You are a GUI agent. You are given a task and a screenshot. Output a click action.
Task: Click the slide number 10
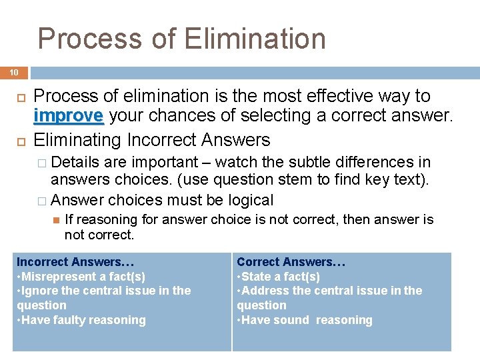coord(13,72)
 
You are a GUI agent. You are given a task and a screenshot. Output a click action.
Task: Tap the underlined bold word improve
coord(69,116)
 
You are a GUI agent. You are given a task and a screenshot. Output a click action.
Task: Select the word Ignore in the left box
coord(39,291)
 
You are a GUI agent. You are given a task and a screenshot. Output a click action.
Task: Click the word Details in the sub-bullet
coord(75,162)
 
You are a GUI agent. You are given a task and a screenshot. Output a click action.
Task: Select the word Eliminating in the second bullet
coord(78,140)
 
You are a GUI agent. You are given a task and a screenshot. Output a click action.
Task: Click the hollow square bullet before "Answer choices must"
coord(42,201)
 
